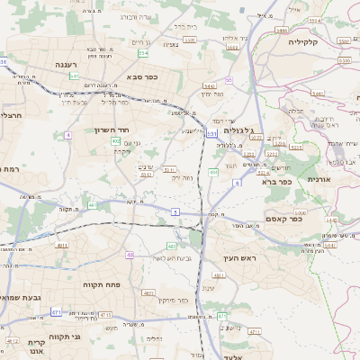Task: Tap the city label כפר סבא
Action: pyautogui.click(x=142, y=77)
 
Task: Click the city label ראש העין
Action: pyautogui.click(x=238, y=259)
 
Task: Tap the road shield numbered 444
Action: pyautogui.click(x=213, y=172)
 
